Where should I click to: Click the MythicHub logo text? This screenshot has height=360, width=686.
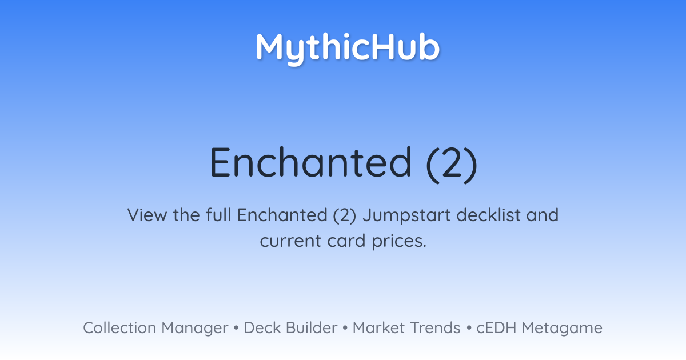pyautogui.click(x=348, y=49)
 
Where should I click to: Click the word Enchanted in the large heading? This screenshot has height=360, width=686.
pyautogui.click(x=311, y=162)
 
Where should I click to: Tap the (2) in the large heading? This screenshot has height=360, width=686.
pyautogui.click(x=452, y=165)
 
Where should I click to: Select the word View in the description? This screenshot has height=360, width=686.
pyautogui.click(x=147, y=215)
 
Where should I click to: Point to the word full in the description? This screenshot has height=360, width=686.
pyautogui.click(x=218, y=215)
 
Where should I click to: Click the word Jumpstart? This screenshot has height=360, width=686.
pyautogui.click(x=406, y=216)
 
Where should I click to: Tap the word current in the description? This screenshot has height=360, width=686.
pyautogui.click(x=290, y=241)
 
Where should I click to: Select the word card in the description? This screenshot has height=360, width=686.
pyautogui.click(x=346, y=241)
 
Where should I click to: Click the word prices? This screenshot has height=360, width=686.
pyautogui.click(x=399, y=242)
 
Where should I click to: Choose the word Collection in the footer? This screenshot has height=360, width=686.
pyautogui.click(x=119, y=328)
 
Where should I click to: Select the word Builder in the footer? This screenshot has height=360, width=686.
pyautogui.click(x=312, y=328)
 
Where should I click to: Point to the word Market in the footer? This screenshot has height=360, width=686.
pyautogui.click(x=379, y=328)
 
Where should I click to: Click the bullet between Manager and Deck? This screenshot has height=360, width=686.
pyautogui.click(x=236, y=328)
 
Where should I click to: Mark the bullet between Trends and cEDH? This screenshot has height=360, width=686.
pyautogui.click(x=469, y=328)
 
